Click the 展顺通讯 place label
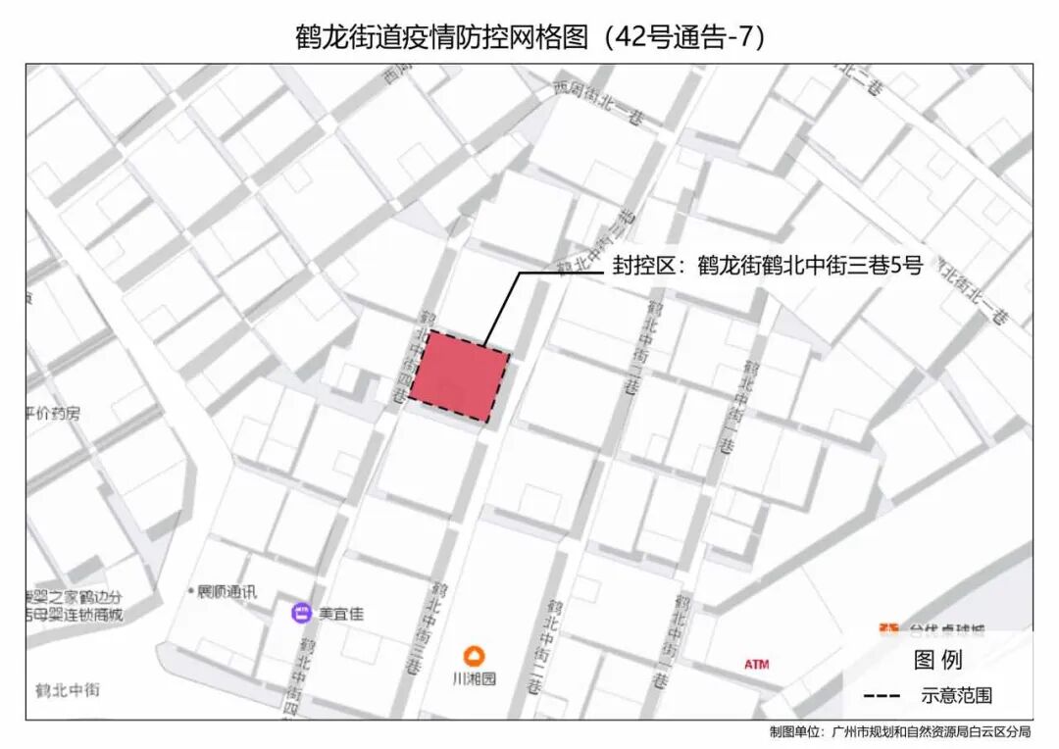point(227,592)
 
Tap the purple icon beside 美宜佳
point(302,614)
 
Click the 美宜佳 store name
point(341,615)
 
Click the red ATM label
point(756,665)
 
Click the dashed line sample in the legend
point(882,696)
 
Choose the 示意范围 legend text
point(956,696)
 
